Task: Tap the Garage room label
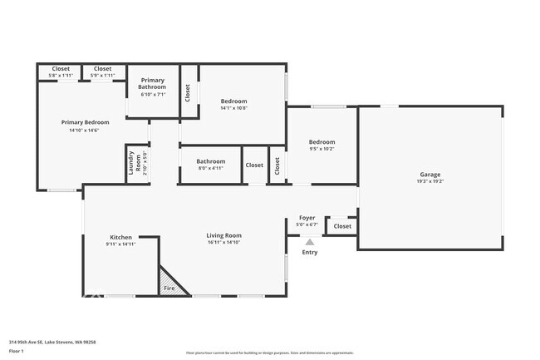430,175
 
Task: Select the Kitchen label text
120,237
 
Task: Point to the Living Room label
223,235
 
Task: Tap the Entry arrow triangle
309,242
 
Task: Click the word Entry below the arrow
309,252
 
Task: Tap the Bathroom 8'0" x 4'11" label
210,161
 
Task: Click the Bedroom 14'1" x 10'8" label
233,101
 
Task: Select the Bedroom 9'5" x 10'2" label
322,142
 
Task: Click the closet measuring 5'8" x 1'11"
61,69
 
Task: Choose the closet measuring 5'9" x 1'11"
103,69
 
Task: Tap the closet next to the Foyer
341,226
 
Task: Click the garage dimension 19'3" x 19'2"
430,181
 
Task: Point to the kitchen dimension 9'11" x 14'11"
120,244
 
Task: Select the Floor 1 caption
17,352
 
